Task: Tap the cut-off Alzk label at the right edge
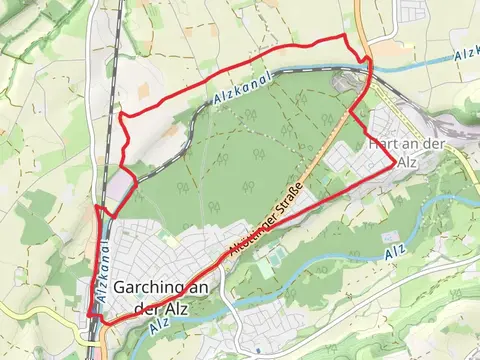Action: click(465, 51)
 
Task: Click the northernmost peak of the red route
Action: click(346, 36)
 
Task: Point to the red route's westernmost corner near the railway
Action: click(95, 208)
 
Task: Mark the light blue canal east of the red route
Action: click(420, 62)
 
